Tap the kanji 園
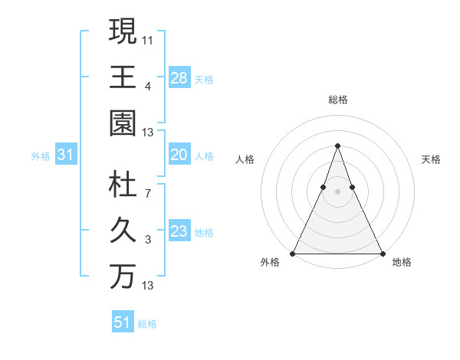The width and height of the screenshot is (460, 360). coord(123,123)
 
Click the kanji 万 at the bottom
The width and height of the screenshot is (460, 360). coord(123,276)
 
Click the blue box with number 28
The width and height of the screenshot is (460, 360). coord(179,77)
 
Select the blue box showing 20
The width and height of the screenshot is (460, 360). coord(179,155)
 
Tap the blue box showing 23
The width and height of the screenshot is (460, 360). coord(179,231)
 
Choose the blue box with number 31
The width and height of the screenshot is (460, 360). coord(65,155)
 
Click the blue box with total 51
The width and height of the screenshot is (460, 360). coord(123,322)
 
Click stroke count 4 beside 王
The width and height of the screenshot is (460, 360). coord(148,85)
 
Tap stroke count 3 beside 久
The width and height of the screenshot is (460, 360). coord(148,240)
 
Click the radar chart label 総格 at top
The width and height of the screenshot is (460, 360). coord(337,100)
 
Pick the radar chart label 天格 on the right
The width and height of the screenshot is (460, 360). coord(431,159)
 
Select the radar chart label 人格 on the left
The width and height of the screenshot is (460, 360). coord(245,159)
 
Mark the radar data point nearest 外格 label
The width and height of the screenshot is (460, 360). coord(293,254)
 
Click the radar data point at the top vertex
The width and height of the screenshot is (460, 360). coord(337,146)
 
